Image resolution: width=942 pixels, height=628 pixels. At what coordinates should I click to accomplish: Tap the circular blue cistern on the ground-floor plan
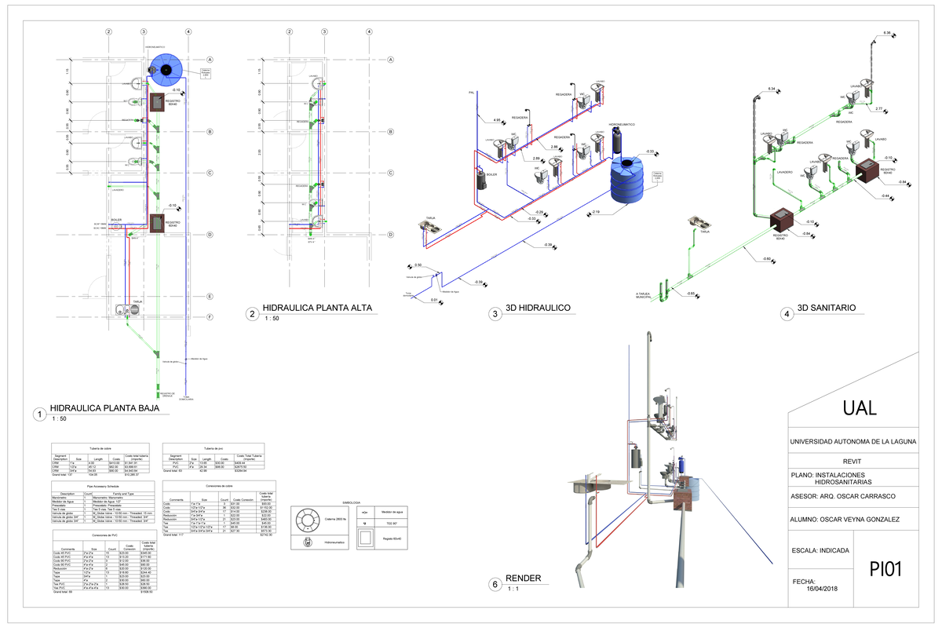pos(166,70)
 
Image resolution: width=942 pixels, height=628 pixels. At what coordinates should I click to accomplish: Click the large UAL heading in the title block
pos(860,408)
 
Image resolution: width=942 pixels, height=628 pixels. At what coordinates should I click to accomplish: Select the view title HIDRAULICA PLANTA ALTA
pos(317,308)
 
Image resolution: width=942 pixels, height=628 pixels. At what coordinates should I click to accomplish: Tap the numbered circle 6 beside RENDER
pos(495,584)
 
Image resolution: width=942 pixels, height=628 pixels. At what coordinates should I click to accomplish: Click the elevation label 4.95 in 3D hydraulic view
pos(497,120)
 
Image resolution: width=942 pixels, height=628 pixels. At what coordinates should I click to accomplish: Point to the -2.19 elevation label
pos(596,213)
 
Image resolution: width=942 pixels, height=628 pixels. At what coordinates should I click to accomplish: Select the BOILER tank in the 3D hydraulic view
pos(482,178)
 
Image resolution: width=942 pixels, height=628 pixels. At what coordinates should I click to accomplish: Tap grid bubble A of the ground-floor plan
pos(210,60)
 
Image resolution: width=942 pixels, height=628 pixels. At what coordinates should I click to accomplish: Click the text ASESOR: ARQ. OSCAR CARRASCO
pos(844,496)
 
